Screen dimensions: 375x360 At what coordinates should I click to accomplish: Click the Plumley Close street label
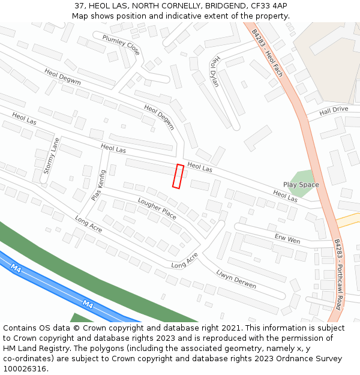121,45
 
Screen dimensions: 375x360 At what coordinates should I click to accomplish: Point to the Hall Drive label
334,110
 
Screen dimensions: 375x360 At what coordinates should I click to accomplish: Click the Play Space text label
301,185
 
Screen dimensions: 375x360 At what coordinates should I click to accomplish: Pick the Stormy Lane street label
52,156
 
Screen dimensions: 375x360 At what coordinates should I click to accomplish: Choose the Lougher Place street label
157,207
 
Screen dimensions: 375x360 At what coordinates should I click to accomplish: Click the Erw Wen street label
287,238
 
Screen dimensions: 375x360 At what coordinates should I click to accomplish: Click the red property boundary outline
178,176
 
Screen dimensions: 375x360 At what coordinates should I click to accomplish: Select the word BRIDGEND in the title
224,6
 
